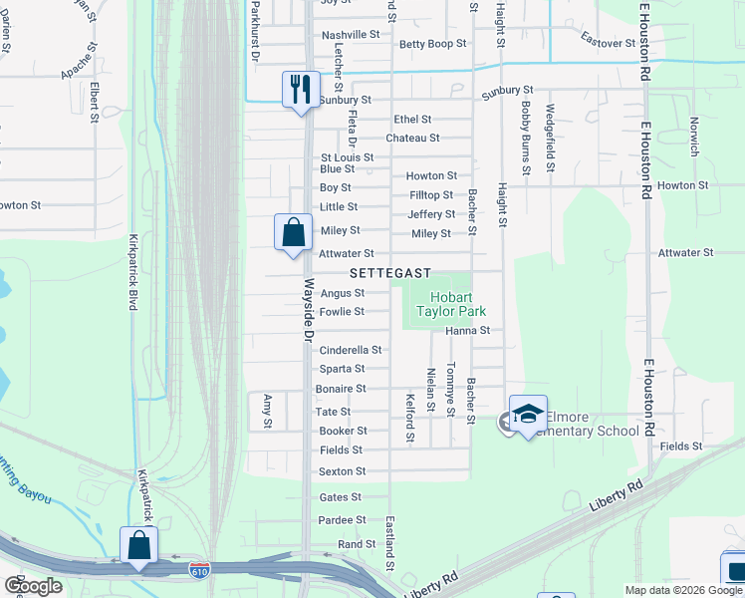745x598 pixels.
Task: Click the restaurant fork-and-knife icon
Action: click(x=300, y=90)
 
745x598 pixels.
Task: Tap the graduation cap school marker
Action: click(x=528, y=414)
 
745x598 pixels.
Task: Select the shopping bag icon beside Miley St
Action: click(x=293, y=233)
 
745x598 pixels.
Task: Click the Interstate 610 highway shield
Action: click(x=199, y=570)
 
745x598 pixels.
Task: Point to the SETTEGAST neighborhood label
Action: click(x=389, y=273)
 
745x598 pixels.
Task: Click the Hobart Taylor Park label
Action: click(x=458, y=304)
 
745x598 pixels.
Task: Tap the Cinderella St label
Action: click(x=350, y=350)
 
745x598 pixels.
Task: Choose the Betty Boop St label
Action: click(x=433, y=44)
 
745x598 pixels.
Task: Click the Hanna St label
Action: click(x=468, y=330)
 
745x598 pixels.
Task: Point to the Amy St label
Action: click(x=267, y=411)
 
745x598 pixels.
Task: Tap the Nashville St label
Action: click(x=351, y=34)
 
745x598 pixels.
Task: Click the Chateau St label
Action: click(x=412, y=138)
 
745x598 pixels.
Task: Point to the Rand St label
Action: click(x=357, y=544)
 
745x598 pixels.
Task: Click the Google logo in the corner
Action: click(x=33, y=586)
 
